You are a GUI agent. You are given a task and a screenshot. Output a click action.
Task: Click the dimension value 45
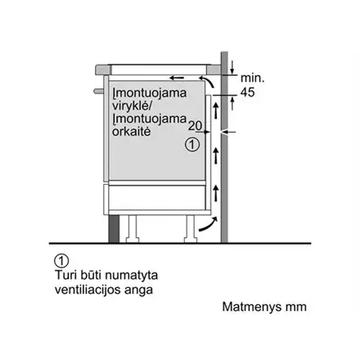(248, 92)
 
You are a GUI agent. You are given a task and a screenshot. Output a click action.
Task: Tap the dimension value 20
(196, 126)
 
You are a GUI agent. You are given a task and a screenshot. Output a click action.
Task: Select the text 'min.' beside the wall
(253, 78)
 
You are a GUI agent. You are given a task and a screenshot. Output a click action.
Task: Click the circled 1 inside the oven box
(192, 144)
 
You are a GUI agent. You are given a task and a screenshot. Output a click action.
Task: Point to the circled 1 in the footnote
(61, 261)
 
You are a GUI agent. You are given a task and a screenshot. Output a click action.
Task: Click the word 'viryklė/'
(132, 106)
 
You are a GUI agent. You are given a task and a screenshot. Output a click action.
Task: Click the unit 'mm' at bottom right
(296, 308)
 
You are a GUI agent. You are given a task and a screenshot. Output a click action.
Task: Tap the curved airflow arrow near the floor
(209, 224)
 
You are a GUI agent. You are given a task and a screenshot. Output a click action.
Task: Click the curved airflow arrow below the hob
(207, 81)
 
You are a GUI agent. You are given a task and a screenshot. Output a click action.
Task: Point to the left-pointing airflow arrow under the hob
(177, 79)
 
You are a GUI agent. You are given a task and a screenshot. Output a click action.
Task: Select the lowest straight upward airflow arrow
(216, 193)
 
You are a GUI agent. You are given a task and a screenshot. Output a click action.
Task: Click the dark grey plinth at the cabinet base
(114, 229)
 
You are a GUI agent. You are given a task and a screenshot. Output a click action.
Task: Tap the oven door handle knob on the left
(98, 91)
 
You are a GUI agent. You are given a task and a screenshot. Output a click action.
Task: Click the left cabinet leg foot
(133, 241)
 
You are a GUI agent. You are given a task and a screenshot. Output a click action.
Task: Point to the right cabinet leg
(191, 229)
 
